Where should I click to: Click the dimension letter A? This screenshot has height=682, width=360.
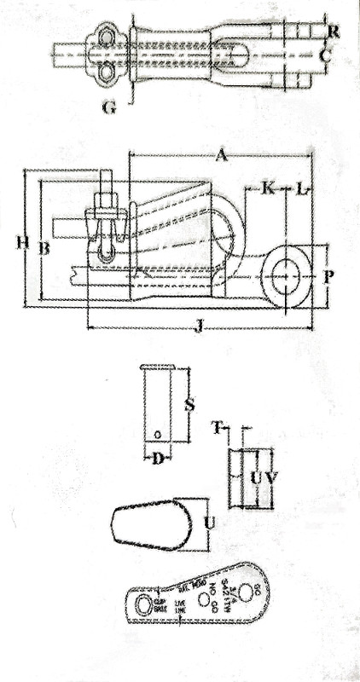click(x=221, y=155)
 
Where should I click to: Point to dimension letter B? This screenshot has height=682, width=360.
click(x=44, y=248)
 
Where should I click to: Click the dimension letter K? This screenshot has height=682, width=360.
click(x=267, y=186)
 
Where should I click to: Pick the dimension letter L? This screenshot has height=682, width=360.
click(x=300, y=186)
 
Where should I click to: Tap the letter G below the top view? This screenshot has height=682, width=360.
click(x=107, y=107)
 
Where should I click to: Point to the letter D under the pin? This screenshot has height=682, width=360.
click(x=157, y=461)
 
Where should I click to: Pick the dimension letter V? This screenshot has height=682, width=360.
click(x=272, y=479)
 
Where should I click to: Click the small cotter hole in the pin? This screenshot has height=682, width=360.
click(x=159, y=436)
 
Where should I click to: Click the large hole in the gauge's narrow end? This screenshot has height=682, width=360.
click(x=139, y=605)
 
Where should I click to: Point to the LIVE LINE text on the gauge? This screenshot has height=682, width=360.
click(x=180, y=607)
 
